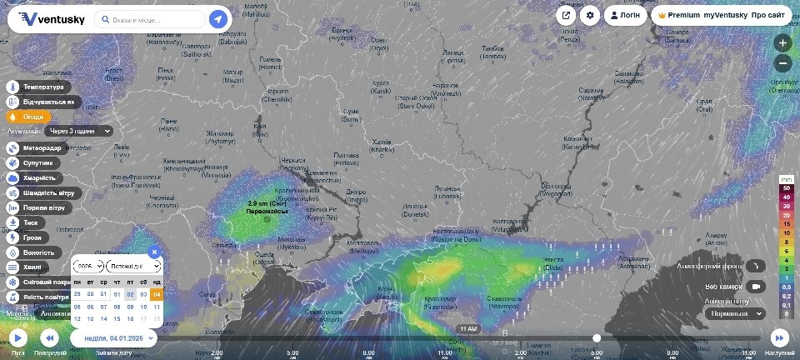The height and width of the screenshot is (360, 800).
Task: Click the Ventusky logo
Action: [52, 19]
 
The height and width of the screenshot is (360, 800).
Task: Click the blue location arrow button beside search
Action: [218, 19]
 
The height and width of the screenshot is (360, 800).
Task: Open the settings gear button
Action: [590, 15]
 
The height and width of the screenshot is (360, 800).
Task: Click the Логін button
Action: [625, 15]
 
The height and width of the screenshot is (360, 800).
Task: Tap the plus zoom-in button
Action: [782, 42]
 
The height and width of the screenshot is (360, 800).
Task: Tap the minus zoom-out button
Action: [782, 63]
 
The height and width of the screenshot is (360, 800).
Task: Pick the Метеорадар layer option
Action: [42, 147]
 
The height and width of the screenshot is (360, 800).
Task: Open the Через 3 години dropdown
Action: [79, 131]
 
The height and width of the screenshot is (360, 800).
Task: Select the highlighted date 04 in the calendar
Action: [156, 294]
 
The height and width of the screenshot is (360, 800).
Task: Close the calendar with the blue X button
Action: [154, 252]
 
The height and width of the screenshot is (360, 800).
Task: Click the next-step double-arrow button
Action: [779, 337]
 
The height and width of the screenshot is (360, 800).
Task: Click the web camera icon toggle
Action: [756, 286]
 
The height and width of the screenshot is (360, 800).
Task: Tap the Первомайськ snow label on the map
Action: [267, 207]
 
